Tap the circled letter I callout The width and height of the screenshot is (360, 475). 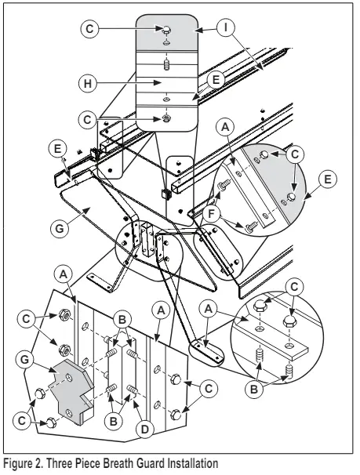(226, 28)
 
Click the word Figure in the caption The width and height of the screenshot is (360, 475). (21, 463)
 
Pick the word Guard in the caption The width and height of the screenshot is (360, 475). (144, 463)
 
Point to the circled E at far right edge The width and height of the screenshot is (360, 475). (331, 179)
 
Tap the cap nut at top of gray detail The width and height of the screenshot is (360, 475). (167, 30)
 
